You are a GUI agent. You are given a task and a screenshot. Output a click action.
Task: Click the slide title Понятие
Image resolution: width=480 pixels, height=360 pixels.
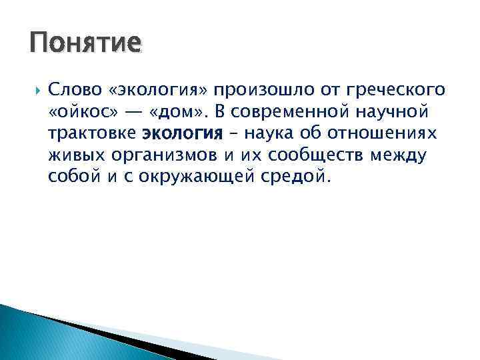[85, 44]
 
